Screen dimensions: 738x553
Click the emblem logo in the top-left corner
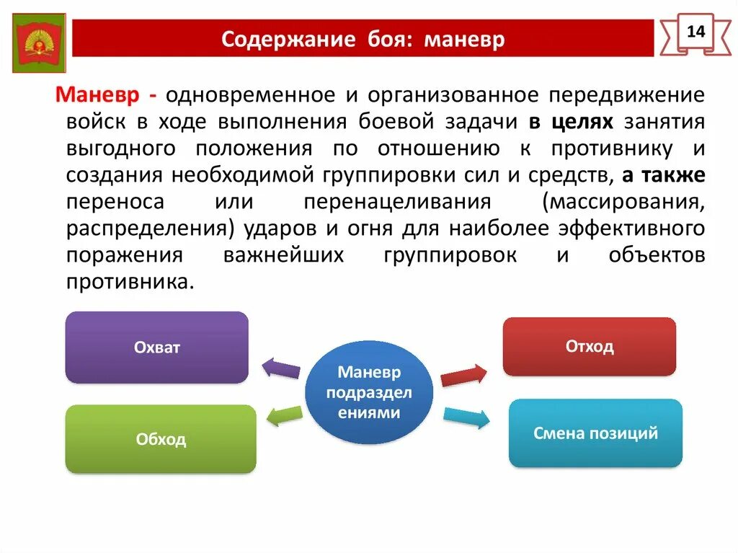(x=40, y=43)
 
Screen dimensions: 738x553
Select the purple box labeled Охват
(x=156, y=347)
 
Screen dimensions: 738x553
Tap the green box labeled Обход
(x=161, y=438)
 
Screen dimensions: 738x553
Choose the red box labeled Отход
(x=589, y=346)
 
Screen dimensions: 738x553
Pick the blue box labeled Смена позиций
(x=595, y=433)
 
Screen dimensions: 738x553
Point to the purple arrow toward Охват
(x=280, y=368)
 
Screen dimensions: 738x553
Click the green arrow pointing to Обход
(x=284, y=415)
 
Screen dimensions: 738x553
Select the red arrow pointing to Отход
(x=463, y=376)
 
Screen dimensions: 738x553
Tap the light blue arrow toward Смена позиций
(x=466, y=417)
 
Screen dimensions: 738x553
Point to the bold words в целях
(x=571, y=122)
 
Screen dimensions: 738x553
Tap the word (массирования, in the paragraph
(x=624, y=202)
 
